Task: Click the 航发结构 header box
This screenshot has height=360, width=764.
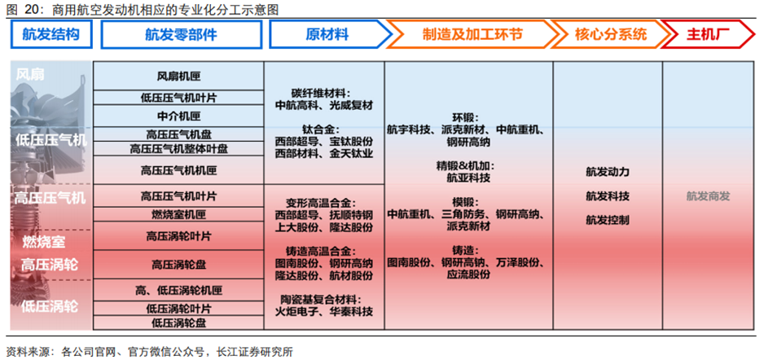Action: pos(50,35)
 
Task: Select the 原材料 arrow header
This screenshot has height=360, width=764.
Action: pos(326,35)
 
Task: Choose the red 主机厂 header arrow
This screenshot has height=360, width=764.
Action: pos(707,35)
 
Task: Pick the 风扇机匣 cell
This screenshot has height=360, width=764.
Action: pos(178,77)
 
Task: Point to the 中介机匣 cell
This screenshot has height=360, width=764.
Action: pos(178,116)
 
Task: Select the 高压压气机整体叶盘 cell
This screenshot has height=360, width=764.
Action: pos(178,149)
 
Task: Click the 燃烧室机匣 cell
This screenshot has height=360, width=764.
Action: pos(178,215)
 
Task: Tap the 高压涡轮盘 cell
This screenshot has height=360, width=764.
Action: pos(178,264)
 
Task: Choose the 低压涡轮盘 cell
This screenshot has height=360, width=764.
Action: pos(178,323)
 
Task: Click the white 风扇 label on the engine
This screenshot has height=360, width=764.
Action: pos(30,75)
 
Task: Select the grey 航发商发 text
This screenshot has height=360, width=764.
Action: pos(707,196)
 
